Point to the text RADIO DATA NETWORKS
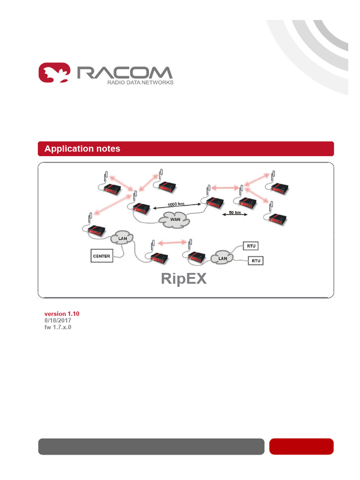pos(140,82)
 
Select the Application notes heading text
pos(82,149)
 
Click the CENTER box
pos(102,256)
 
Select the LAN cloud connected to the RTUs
pos(223,258)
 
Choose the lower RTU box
pos(255,261)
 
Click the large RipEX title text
pos(184,278)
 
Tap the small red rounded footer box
pos(301,446)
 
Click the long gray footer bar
pos(151,446)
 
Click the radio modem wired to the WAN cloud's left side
pos(142,207)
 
